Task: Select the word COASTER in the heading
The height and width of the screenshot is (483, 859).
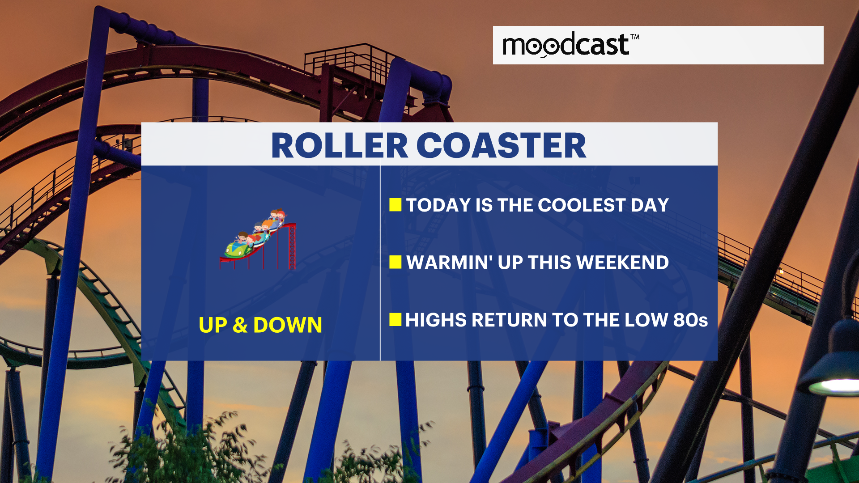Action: click(x=502, y=146)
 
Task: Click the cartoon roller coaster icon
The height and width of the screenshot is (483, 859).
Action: click(x=258, y=239)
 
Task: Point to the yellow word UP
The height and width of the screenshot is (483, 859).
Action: click(x=213, y=325)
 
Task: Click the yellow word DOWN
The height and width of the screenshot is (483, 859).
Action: click(x=288, y=325)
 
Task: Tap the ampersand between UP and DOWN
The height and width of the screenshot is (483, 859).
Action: click(x=240, y=325)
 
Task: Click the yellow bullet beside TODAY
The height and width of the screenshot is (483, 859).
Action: click(x=395, y=205)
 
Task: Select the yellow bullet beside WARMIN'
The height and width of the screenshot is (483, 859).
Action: click(x=395, y=262)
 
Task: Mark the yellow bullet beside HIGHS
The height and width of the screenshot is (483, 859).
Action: click(x=395, y=319)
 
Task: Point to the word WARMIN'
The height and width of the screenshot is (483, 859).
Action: click(x=450, y=263)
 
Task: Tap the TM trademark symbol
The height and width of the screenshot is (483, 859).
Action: click(x=635, y=37)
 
